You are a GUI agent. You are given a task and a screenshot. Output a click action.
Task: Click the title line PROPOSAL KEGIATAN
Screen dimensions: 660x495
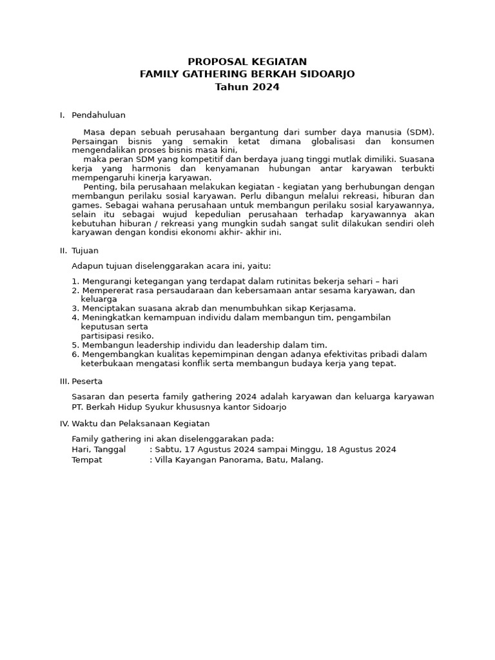coord(247,62)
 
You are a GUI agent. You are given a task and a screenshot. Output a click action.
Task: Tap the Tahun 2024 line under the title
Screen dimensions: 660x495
coord(247,87)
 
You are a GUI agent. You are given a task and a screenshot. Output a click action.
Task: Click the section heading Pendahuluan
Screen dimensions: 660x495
coord(99,115)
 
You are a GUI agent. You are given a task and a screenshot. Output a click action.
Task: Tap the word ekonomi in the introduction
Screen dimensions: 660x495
coord(204,232)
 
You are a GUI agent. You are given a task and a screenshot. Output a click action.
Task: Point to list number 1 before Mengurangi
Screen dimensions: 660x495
coord(75,281)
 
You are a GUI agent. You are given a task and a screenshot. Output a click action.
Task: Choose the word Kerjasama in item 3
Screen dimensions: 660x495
coord(332,308)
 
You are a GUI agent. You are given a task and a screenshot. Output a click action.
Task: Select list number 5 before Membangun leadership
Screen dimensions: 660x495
coord(75,345)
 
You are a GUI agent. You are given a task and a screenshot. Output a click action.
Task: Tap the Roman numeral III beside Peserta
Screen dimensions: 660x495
coord(63,381)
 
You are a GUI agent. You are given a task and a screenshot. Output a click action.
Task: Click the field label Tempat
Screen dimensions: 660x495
coord(87,460)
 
